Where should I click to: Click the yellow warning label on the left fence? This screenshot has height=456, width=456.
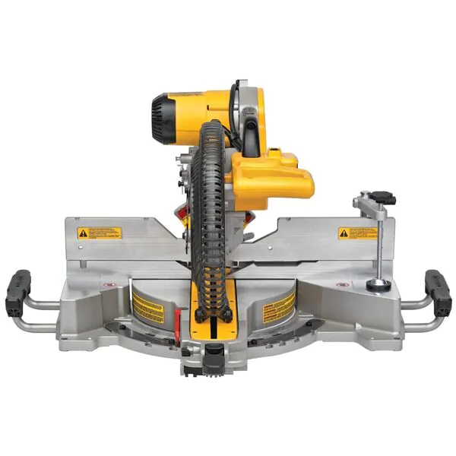tap(98, 232)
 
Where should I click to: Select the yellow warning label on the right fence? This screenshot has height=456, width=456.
tap(357, 233)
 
